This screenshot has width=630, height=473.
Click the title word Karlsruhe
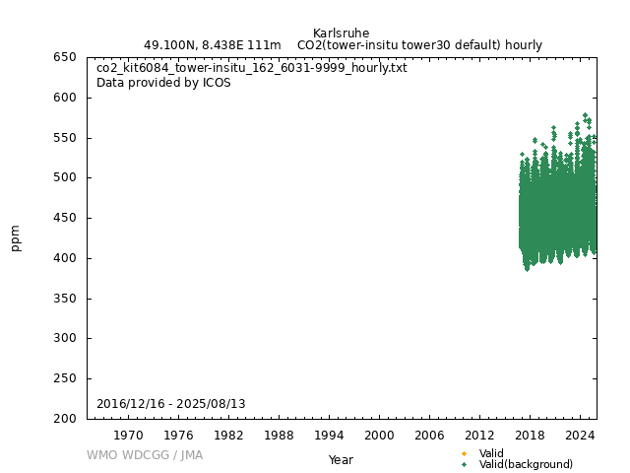coord(341,34)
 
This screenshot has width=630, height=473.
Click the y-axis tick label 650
coord(65,57)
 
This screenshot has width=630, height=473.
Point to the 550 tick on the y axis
coord(65,138)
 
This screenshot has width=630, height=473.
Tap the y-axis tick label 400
coord(65,258)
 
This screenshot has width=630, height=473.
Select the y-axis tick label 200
coord(65,419)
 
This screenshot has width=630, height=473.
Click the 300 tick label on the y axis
coord(65,338)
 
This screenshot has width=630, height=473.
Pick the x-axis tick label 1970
coord(128,435)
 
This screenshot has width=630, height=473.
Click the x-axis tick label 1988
coord(279,435)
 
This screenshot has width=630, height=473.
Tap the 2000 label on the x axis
coord(379,435)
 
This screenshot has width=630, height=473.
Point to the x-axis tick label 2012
coord(479,435)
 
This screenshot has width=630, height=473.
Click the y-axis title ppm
coord(16,237)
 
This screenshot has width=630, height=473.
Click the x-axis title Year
coord(341,460)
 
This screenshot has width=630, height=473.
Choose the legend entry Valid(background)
coord(526,464)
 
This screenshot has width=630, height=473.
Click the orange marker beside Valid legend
coord(464,453)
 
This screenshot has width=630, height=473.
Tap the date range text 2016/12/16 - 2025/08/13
coord(171,404)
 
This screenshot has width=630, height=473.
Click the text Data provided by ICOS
coord(163,83)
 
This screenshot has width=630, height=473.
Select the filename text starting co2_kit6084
coord(251,68)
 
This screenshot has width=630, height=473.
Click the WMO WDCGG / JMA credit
coord(145,455)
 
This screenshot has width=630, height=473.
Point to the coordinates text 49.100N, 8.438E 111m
coord(212,45)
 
